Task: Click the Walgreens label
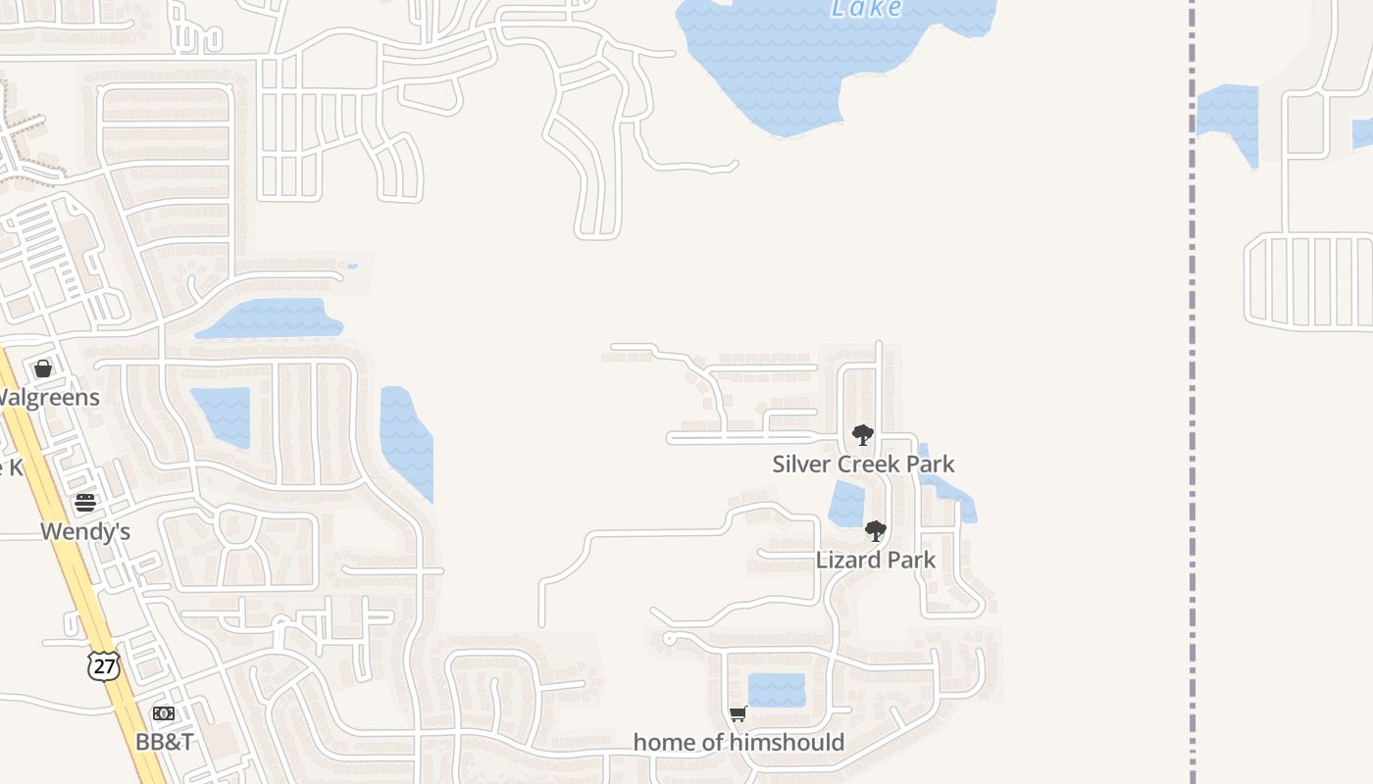(49, 397)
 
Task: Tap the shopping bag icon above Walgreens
(43, 368)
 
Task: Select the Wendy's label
(85, 531)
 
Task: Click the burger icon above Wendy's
(85, 504)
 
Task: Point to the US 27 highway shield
(103, 666)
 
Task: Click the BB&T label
(164, 741)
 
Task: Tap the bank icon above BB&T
(164, 713)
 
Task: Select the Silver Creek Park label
(863, 464)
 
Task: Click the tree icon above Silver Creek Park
(863, 435)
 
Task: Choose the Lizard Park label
(876, 560)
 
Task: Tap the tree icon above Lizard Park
(876, 531)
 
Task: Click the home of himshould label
(738, 742)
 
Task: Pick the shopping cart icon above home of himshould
(738, 713)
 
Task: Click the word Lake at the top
(866, 9)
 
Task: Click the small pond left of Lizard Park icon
(845, 504)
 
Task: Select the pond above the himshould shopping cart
(777, 690)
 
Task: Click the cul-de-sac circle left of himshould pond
(669, 639)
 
